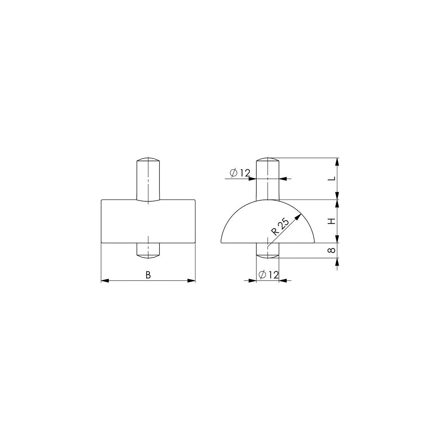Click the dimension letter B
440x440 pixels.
148,275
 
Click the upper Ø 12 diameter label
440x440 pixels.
240,173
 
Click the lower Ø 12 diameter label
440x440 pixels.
268,275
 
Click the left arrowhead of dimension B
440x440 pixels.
105,280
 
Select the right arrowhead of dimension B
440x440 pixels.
191,280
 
